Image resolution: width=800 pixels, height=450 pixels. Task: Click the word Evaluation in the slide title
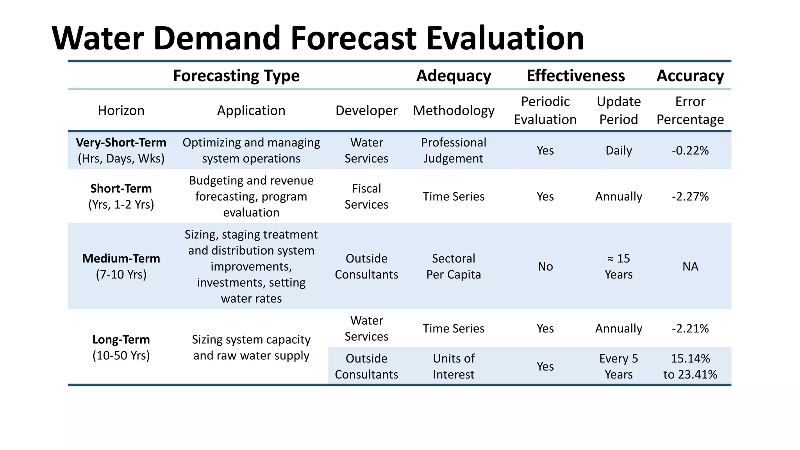pos(505,38)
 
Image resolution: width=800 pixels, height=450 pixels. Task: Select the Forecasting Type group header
pos(236,76)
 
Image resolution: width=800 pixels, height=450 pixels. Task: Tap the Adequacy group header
pos(454,76)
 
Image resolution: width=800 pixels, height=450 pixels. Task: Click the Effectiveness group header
pos(575,76)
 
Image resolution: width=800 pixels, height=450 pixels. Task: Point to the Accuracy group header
pos(690,76)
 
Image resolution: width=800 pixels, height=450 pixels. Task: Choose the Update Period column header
pos(618,111)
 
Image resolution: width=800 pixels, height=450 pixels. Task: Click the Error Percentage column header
pos(690,111)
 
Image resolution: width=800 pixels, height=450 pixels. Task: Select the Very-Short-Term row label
pos(121,150)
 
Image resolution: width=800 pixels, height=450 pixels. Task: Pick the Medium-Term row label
pos(121,266)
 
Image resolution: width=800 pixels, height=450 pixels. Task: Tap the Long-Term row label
pos(121,347)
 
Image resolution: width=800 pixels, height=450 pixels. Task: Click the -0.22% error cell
pos(690,150)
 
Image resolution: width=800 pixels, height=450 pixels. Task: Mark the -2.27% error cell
pos(690,196)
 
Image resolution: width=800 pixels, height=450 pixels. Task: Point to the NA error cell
pos(690,266)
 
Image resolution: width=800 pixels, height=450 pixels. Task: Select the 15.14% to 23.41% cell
pos(690,366)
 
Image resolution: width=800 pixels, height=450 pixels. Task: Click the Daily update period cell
pos(618,150)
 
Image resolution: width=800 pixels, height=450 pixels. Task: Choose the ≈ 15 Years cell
pos(618,266)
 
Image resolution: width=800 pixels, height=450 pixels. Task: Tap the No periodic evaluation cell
pos(545,266)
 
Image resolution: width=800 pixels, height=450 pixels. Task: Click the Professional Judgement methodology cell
pos(454,150)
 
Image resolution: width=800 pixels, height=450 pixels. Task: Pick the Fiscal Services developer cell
pos(366,196)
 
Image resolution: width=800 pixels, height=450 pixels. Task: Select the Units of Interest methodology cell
pos(454,366)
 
